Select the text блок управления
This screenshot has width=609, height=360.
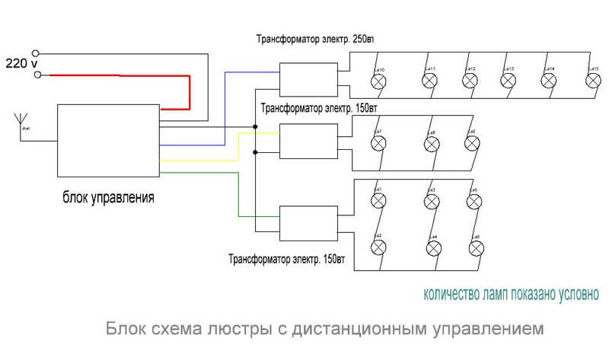pos(109,199)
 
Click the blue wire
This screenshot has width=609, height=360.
pos(225,107)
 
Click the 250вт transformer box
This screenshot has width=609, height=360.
pos(308,77)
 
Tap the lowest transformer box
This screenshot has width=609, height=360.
pos(308,221)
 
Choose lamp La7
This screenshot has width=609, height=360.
pos(377,142)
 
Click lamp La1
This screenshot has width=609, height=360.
pos(377,200)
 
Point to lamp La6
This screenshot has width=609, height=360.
pos(473,247)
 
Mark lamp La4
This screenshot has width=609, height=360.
pos(431,247)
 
